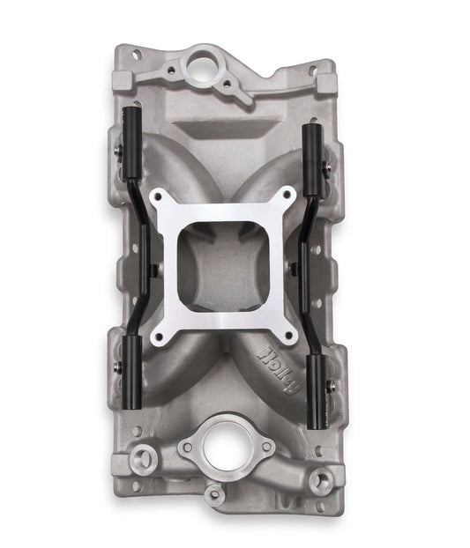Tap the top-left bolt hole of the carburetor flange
click(160, 198)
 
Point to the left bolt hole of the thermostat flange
click(185, 447)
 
